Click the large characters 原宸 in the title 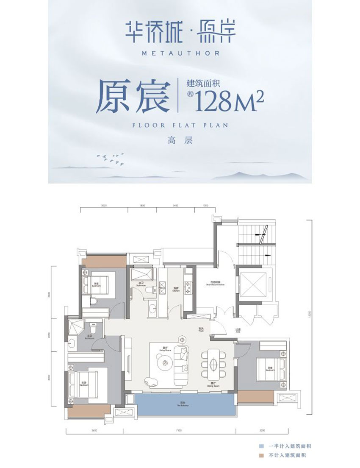point(133,97)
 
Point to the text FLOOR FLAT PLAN point(180,125)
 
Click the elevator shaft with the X point(252,283)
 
